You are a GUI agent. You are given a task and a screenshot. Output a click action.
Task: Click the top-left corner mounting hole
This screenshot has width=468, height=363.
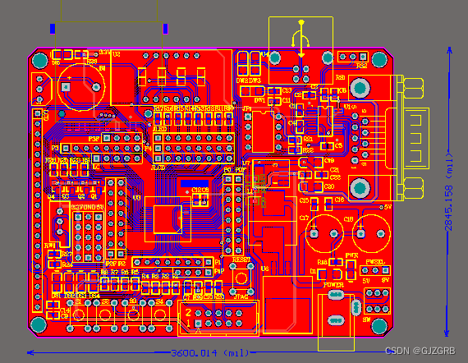click(x=39, y=60)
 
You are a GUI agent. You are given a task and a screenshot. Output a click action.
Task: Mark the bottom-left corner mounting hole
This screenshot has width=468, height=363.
click(x=39, y=326)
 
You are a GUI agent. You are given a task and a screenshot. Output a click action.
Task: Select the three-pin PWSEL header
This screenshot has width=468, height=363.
click(x=375, y=272)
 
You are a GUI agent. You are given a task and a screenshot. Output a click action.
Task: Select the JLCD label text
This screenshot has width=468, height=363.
click(x=160, y=129)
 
